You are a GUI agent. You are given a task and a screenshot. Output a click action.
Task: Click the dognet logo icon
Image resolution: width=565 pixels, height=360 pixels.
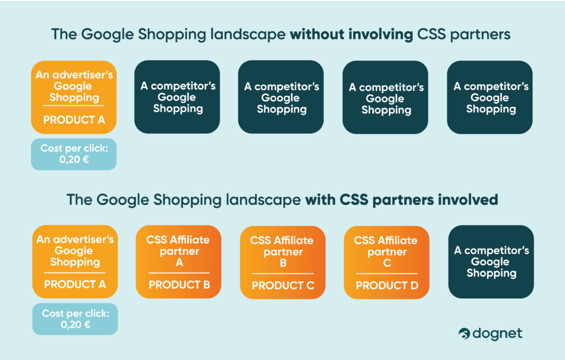point(464,334)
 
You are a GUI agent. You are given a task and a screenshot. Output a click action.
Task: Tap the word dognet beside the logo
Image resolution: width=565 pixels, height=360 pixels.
point(497,334)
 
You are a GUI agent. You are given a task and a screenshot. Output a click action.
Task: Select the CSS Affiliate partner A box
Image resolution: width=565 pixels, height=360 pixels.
point(178,262)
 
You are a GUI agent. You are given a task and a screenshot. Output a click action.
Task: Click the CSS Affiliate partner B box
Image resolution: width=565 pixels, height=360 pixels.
point(282,262)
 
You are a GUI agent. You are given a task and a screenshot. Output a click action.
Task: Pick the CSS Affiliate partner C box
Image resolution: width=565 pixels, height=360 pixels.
point(387,262)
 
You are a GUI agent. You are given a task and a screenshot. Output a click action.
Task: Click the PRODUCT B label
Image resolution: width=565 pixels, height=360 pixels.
point(179,285)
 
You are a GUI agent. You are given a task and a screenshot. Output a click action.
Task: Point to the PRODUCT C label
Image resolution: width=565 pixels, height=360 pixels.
point(283,286)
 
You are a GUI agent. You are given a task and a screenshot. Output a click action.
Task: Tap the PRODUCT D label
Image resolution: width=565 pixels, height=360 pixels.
point(387,286)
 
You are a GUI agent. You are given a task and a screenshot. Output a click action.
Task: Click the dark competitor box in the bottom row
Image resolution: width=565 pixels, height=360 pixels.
point(491,262)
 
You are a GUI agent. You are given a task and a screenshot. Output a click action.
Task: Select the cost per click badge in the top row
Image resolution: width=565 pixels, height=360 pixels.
point(74,154)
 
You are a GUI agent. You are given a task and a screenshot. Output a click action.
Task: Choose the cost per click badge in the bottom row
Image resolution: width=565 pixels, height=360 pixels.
point(75,319)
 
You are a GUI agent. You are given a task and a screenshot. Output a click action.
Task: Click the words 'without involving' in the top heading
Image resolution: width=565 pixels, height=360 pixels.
point(351,34)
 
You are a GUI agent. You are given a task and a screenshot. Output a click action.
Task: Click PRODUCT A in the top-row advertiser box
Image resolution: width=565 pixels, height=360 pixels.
point(74,120)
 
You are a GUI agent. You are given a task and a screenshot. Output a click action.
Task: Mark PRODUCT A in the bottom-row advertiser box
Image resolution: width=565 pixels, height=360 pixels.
point(75,284)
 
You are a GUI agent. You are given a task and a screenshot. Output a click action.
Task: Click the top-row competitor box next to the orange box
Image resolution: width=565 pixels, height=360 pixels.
point(177,97)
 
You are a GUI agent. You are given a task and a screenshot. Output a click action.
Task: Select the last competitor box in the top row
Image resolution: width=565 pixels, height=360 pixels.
point(490,97)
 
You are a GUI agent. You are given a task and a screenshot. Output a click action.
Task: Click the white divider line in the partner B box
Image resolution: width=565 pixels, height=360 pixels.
point(283,273)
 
